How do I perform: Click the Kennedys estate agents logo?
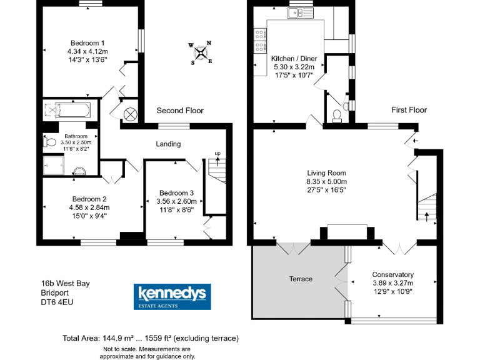(x=173, y=296)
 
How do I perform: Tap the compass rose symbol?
(x=201, y=53)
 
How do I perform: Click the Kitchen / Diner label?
(x=294, y=59)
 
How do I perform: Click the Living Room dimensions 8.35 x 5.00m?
(x=326, y=181)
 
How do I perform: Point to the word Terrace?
(x=300, y=279)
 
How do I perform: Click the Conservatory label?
(x=392, y=274)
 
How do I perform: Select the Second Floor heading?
(x=180, y=111)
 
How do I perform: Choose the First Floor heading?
(x=409, y=110)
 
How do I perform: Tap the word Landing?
(x=168, y=144)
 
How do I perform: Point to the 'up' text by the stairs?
(x=217, y=154)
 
